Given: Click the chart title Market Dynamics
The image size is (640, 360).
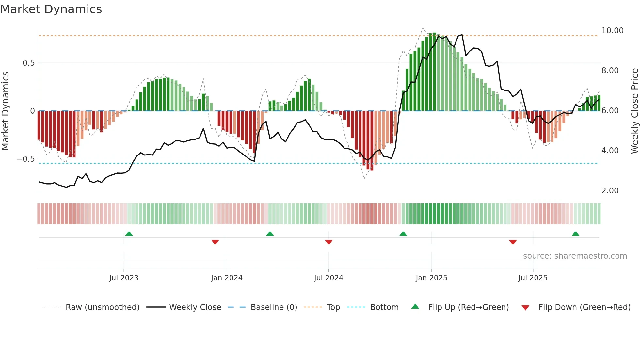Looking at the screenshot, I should coord(51,9).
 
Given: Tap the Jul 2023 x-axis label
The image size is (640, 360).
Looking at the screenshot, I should coord(124,278).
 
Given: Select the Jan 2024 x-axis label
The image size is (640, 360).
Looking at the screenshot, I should coord(227,278).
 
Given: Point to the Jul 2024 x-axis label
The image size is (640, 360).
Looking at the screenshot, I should coord(328,278).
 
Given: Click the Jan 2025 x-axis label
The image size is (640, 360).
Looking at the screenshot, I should coord(431,278).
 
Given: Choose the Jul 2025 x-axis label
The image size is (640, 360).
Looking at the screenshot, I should coord(533,278).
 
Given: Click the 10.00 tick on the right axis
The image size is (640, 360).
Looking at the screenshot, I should coord(612,31).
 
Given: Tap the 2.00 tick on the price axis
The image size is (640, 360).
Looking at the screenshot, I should coord(610,191).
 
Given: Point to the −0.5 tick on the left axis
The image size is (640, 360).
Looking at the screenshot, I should coord(25,159).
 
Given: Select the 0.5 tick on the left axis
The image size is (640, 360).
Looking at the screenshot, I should coord(28,63).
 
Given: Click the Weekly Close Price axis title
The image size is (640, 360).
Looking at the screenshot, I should coord(634,111).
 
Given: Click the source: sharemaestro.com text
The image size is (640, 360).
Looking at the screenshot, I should coord(575,256).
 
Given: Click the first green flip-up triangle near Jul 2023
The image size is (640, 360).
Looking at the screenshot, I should coord(129,234).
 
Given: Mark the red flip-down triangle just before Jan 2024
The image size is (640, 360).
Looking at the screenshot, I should coord(215,242).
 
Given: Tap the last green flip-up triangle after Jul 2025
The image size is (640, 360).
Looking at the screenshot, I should coord(575,234).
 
